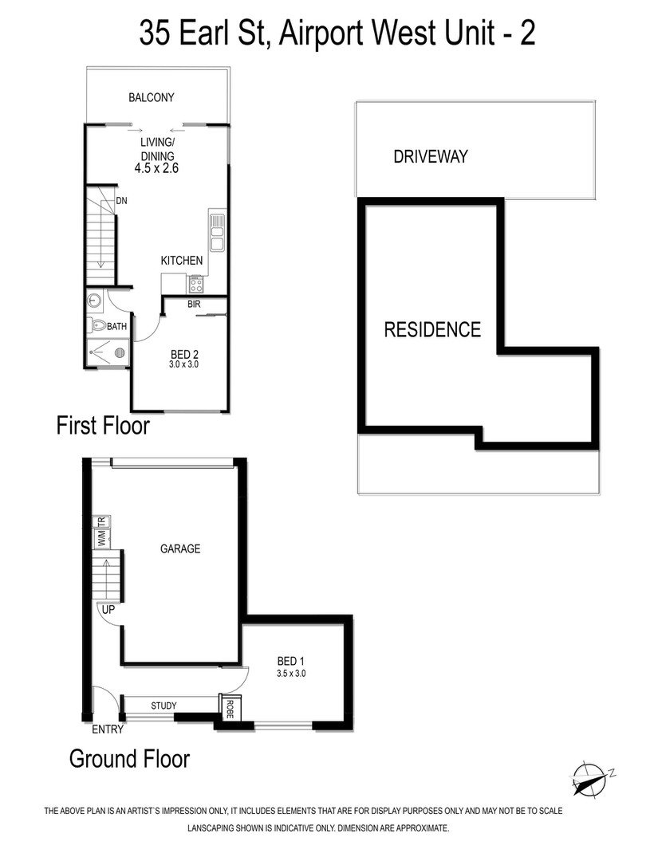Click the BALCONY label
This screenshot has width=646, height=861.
coord(151,98)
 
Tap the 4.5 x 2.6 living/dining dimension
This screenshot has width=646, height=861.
coord(156,168)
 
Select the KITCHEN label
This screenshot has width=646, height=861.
coord(181,260)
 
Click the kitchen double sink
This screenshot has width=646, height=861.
coord(217,232)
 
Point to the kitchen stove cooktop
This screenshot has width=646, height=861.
coord(196,285)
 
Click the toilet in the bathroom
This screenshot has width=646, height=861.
coord(97,325)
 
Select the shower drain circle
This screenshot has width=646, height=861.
coord(120,352)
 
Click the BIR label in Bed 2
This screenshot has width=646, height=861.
coord(194,304)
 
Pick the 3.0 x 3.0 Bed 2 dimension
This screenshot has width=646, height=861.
coord(184,364)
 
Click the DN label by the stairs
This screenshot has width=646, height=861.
coord(121,201)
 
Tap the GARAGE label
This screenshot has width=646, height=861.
coord(180,548)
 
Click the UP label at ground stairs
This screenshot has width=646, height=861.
coord(108,609)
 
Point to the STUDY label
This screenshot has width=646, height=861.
coord(163,706)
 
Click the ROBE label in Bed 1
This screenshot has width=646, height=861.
coord(230,709)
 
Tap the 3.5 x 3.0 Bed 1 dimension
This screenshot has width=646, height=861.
coord(291,673)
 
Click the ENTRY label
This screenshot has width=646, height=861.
coord(108,729)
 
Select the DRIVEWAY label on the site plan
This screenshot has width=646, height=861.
coord(430,156)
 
